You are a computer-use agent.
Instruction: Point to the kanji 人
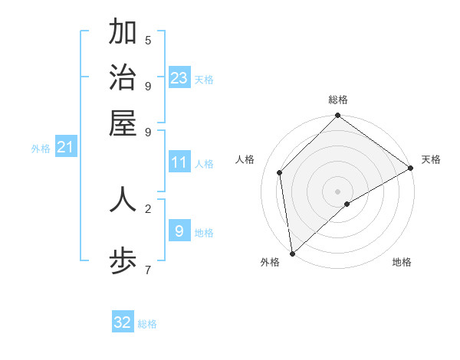click(123, 198)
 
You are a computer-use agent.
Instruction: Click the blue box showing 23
click(179, 78)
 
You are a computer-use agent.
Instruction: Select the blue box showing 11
click(179, 162)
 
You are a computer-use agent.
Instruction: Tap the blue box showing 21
click(65, 148)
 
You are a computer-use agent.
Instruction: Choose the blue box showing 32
click(123, 322)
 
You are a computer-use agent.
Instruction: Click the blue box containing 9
click(179, 231)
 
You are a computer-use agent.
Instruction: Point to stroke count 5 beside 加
click(148, 41)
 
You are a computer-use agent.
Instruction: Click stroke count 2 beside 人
click(148, 208)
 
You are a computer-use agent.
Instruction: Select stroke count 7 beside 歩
click(148, 270)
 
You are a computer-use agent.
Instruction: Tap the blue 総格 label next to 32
click(147, 324)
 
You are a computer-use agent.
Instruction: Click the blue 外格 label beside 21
click(41, 149)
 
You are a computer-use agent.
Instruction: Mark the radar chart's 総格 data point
click(337, 116)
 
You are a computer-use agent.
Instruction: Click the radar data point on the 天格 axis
click(410, 169)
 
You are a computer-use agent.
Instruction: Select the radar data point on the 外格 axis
click(292, 253)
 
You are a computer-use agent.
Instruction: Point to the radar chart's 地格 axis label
click(402, 263)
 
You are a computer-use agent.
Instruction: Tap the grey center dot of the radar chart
click(337, 191)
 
